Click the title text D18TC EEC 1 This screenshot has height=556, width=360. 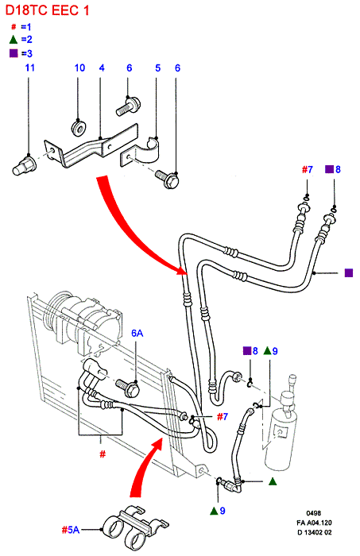[47, 10]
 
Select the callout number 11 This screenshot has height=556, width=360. [29, 68]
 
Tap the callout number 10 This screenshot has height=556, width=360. [79, 68]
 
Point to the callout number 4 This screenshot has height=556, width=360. [102, 68]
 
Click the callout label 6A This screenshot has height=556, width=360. [137, 333]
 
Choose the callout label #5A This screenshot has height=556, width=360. [71, 530]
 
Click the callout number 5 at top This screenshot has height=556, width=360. [158, 68]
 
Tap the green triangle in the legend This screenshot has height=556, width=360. [14, 40]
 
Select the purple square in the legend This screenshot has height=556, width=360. [14, 53]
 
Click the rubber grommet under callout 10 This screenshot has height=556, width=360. [79, 128]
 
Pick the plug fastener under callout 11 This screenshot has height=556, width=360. [23, 165]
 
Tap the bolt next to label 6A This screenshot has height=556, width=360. [128, 388]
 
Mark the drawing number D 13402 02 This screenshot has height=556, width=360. [314, 532]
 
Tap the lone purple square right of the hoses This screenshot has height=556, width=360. [349, 272]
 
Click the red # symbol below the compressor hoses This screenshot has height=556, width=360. [103, 454]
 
